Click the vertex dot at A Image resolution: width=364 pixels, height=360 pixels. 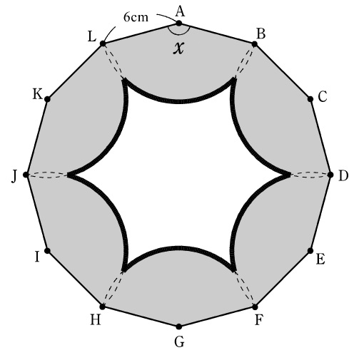179,24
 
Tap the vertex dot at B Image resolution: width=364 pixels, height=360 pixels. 255,44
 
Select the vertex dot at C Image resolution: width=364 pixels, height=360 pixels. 310,99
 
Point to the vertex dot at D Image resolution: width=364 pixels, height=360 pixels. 330,175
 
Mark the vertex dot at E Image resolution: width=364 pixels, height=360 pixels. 310,251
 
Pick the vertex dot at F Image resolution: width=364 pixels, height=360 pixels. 255,307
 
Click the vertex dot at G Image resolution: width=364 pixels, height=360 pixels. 179,326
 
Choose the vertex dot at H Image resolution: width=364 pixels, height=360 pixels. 103,307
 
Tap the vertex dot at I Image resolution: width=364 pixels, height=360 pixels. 47,251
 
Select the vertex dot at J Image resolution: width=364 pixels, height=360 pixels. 26,175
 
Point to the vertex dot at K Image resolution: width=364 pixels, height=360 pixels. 47,99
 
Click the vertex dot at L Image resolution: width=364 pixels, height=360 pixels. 103,43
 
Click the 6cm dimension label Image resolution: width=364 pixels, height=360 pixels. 136,17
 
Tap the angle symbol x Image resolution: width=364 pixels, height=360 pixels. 178,48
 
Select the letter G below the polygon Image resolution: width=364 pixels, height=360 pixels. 179,342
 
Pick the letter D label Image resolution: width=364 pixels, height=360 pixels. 343,176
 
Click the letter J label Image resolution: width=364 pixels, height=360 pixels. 14,177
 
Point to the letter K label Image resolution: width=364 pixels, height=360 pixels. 37,95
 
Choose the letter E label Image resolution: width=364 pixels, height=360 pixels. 320,259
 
